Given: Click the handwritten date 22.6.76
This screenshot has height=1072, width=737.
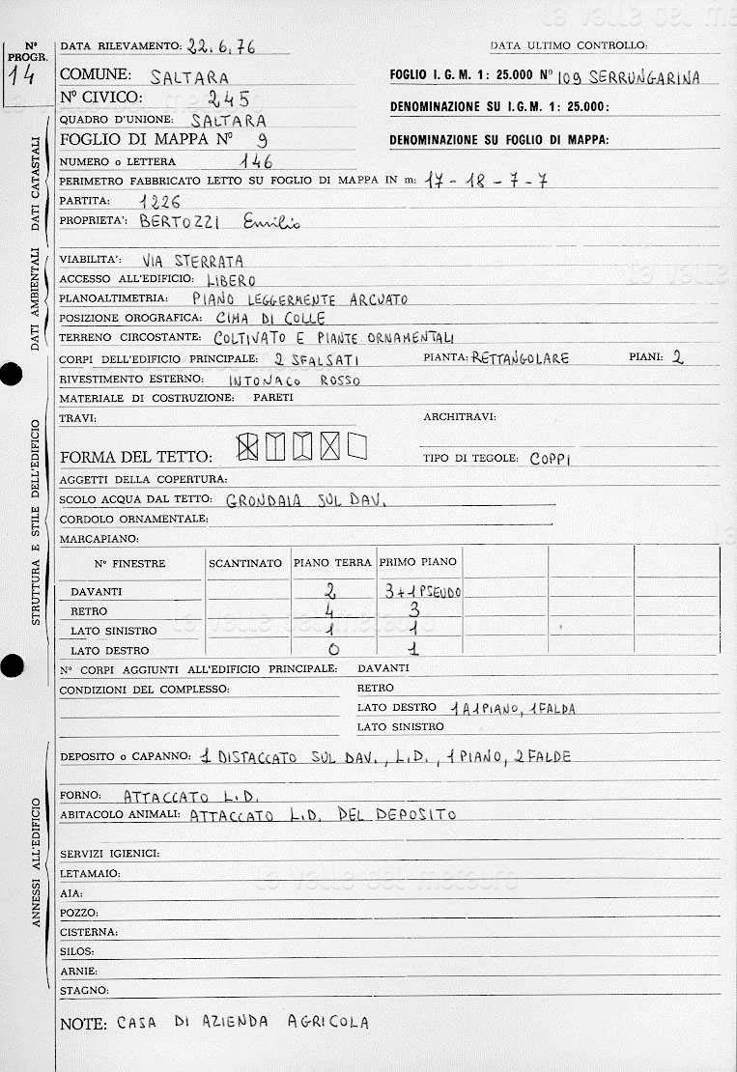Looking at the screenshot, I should [x=222, y=45].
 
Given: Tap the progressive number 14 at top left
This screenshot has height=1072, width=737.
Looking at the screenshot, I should [x=27, y=75].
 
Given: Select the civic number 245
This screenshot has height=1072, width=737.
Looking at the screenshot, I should [x=229, y=99].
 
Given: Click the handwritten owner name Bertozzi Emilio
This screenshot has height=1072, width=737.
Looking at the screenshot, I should [x=220, y=222].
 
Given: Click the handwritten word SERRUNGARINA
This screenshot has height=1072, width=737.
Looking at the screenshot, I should [x=643, y=78].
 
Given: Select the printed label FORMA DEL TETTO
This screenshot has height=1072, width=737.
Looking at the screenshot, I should [x=135, y=457].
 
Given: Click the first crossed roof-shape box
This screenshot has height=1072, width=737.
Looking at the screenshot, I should [x=248, y=446].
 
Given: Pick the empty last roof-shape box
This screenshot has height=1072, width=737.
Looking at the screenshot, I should [x=357, y=445].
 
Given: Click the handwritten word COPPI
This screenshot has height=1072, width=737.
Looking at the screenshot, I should [x=551, y=459].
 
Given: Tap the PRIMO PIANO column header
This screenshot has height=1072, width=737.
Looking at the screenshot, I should [x=418, y=562].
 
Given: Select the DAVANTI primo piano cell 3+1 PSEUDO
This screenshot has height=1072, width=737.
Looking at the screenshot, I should [x=422, y=591].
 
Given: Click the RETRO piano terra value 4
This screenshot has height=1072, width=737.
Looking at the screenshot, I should [x=332, y=611].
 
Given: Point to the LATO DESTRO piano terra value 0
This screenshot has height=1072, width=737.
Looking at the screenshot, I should [x=333, y=650].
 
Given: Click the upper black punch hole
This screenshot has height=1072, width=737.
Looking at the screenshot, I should [x=10, y=377].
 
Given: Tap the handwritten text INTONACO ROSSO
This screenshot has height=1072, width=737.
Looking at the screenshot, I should [x=294, y=380].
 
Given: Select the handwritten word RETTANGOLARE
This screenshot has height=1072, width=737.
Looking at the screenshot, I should [x=521, y=358].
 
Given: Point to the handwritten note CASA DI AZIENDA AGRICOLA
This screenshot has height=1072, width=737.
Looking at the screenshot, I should [x=242, y=1023].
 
